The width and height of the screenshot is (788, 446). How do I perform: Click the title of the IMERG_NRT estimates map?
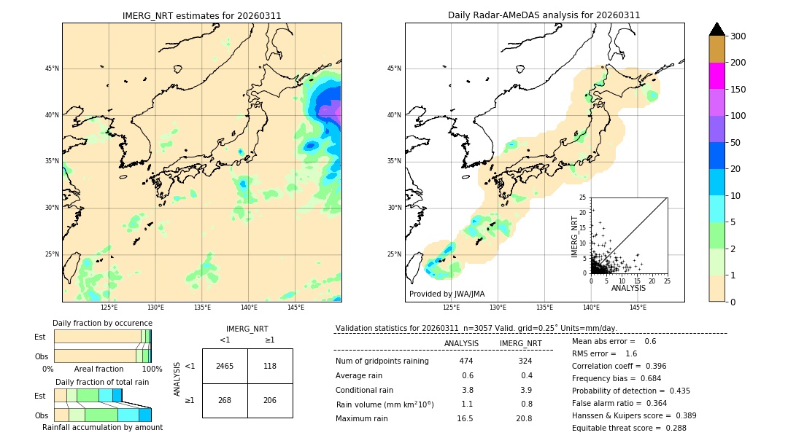coord(201,15)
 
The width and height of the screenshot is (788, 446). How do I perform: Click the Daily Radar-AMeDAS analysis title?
coord(544,15)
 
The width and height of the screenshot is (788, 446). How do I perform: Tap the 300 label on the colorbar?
coord(738,36)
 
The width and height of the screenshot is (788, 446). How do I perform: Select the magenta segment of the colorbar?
coord(717,76)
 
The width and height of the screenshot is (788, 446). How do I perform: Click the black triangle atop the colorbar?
coord(717,29)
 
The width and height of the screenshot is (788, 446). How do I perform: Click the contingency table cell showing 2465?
coord(225,366)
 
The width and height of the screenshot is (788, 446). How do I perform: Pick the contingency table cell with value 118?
coord(270,366)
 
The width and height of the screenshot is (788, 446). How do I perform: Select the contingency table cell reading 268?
coord(225,400)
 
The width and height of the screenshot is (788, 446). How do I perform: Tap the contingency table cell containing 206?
coord(270,400)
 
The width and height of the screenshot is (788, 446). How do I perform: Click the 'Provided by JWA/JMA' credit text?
coord(447,294)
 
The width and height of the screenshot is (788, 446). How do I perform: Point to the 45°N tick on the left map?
coord(52,69)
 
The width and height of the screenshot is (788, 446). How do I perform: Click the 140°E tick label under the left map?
coord(249,308)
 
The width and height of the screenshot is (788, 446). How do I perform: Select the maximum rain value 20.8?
coord(524,418)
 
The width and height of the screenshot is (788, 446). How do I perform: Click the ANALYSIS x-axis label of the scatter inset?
coord(628,288)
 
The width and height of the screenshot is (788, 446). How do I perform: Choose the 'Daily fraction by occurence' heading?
coord(102,323)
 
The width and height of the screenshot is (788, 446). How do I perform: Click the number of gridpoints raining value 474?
coord(466,361)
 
